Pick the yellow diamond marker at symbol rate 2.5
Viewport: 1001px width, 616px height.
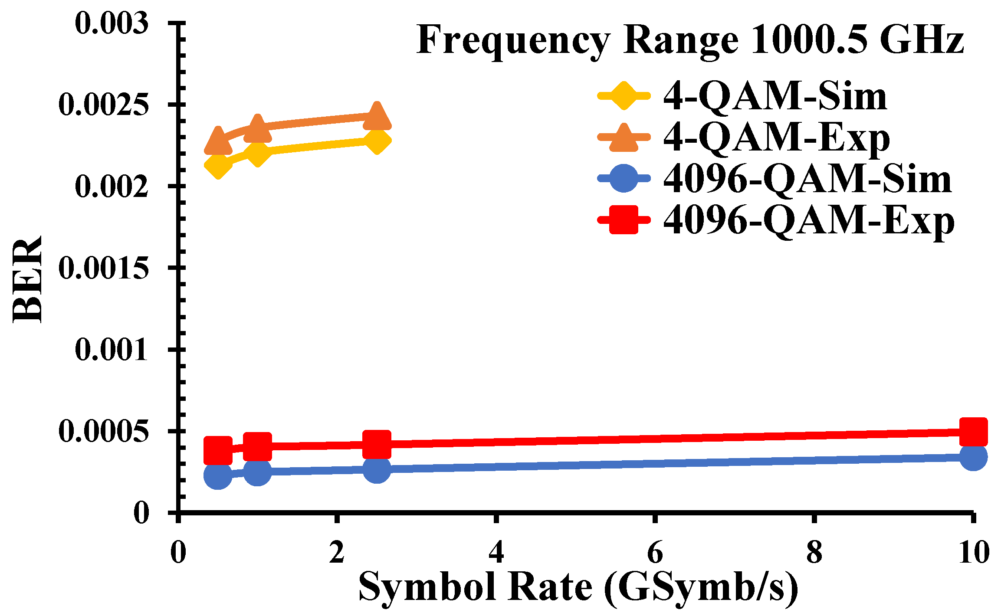(x=377, y=141)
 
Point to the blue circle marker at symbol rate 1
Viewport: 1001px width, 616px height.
(x=257, y=471)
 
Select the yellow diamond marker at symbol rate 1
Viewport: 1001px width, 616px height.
(x=257, y=153)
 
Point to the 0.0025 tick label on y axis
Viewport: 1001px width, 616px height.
(x=103, y=105)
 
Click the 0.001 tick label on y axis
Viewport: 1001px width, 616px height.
(x=112, y=350)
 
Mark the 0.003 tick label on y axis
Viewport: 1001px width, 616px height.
(x=112, y=23)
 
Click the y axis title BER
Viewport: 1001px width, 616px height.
(x=27, y=279)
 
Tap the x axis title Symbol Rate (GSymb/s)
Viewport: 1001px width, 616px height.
(x=578, y=587)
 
